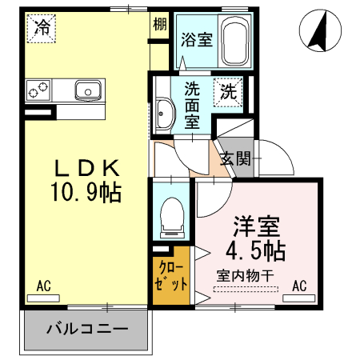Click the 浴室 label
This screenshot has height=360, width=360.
click(196, 39)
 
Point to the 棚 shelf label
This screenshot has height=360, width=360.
click(160, 24)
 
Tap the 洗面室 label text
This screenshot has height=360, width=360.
click(193, 104)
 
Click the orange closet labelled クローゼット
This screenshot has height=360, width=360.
click(171, 276)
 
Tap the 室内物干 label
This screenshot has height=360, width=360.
click(246, 276)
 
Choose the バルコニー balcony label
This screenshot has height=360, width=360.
click(86, 328)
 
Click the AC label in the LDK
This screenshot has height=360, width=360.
click(43, 285)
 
